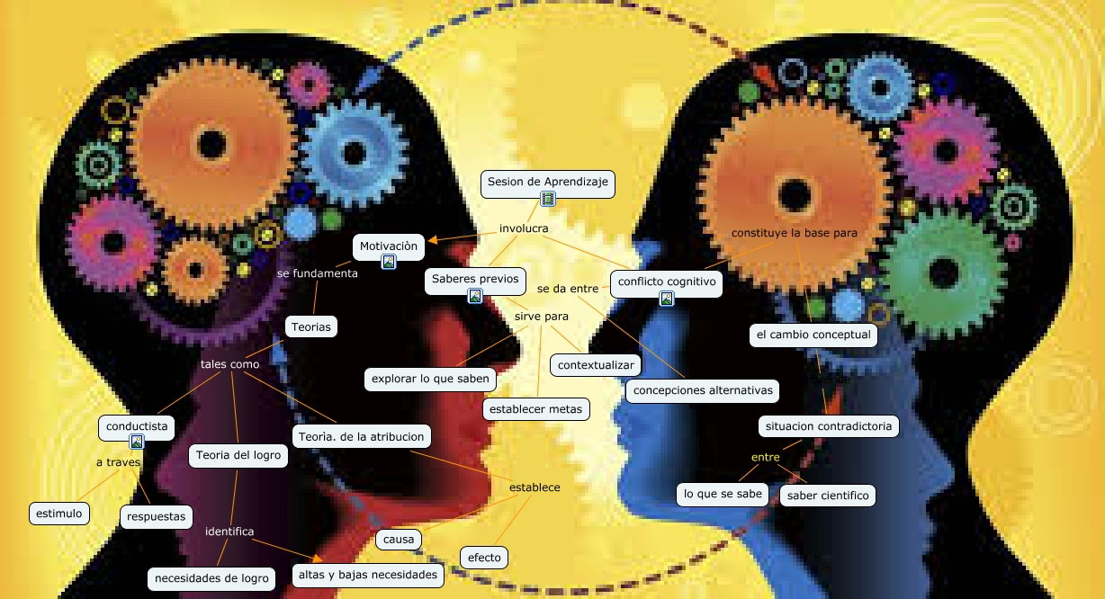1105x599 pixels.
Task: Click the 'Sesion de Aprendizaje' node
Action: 548,182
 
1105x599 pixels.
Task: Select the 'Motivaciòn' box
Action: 389,246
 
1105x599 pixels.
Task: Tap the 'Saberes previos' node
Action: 474,280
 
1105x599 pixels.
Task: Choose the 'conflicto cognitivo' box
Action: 666,282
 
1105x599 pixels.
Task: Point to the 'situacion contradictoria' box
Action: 827,425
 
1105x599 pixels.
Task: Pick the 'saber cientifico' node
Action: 827,495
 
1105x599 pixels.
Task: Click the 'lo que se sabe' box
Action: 723,494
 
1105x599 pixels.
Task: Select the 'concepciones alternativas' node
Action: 702,390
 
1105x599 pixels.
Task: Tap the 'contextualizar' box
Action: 597,364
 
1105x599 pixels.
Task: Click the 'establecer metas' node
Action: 536,409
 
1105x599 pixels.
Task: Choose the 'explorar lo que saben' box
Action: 430,379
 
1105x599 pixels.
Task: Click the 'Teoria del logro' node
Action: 238,455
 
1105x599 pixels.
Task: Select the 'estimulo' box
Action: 59,514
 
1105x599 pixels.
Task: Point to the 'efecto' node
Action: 484,558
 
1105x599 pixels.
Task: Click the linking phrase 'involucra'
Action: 524,228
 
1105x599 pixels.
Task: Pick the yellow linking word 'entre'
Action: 765,457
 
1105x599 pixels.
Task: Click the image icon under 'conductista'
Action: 137,441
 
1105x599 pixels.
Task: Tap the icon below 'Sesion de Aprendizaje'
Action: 548,199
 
